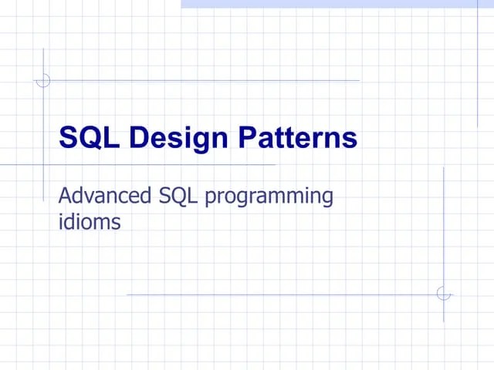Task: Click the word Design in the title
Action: tap(177, 139)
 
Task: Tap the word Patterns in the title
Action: tap(297, 138)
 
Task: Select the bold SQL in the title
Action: tap(90, 138)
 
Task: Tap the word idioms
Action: tap(90, 223)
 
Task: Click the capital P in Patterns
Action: tap(246, 138)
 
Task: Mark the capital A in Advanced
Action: tap(66, 196)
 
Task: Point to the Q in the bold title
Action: tap(90, 139)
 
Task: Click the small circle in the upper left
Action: tap(44, 79)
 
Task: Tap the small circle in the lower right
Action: tap(443, 294)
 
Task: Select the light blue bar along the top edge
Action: tap(337, 4)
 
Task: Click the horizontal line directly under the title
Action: tap(154, 164)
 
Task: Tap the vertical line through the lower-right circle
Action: tap(443, 231)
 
